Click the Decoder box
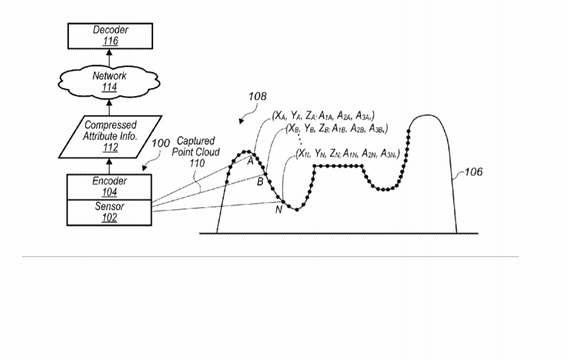(110, 36)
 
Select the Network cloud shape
(109, 82)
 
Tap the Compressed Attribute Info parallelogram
(110, 136)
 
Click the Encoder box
(109, 187)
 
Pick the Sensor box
(109, 212)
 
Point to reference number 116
(111, 41)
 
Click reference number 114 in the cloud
(109, 87)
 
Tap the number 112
(111, 148)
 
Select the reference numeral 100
(160, 144)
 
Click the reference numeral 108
(258, 97)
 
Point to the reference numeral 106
(473, 171)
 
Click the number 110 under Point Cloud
(197, 163)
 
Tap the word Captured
(195, 141)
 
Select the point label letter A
(250, 161)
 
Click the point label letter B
(260, 181)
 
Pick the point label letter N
(279, 210)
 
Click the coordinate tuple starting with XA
(324, 116)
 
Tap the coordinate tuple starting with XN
(348, 154)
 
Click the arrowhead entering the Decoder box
(109, 52)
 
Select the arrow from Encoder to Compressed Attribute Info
(109, 166)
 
